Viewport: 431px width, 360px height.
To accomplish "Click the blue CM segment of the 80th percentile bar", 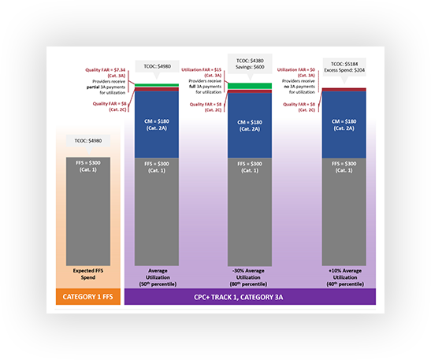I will coord(249,126).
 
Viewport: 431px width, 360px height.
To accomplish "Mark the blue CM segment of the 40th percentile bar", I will coord(340,126).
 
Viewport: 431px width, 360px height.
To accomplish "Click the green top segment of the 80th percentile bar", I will coord(249,85).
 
